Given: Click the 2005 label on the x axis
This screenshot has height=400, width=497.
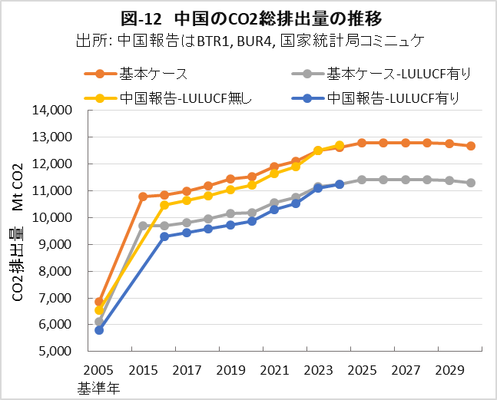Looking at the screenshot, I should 99,369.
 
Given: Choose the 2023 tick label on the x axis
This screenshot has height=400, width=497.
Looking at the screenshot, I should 318,369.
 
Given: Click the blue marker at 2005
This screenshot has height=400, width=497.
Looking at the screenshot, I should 99,330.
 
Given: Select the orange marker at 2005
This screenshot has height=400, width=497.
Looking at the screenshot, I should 99,302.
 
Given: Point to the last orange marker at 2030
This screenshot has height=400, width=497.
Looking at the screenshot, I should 471,146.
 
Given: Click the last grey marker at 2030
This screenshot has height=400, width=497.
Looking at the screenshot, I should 471,183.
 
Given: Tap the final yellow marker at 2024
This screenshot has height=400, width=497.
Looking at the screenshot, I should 340,145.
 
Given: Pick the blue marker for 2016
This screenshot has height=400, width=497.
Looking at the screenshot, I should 164,236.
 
